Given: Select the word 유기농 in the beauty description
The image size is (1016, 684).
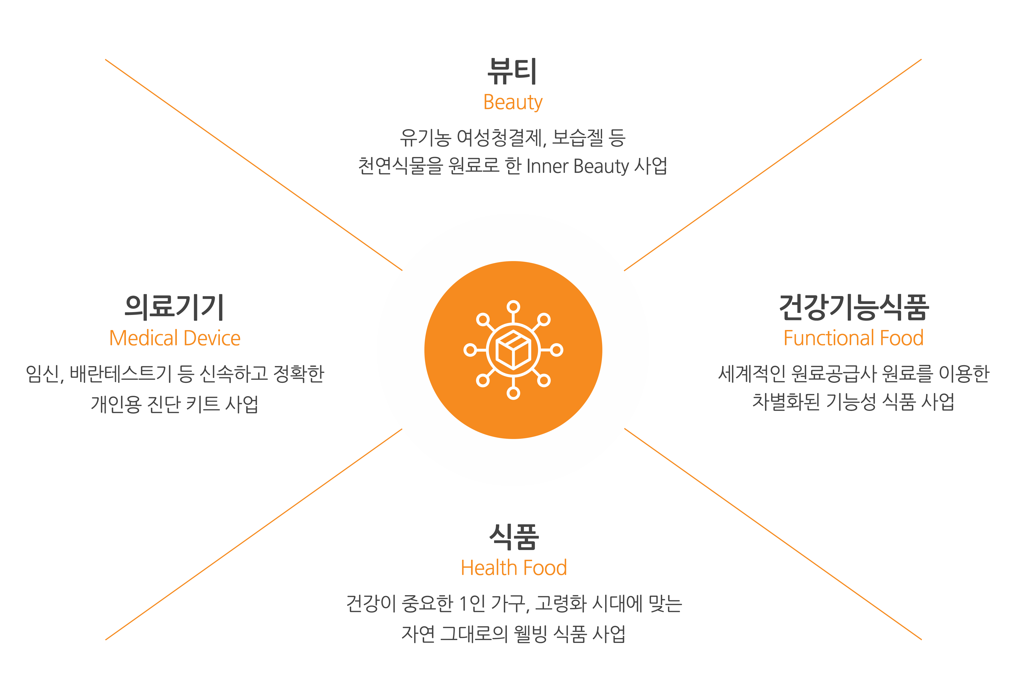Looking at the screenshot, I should click(x=425, y=138).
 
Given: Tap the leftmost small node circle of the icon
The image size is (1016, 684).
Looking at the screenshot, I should click(x=470, y=350).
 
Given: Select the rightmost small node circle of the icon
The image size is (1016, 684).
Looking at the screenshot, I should click(x=557, y=350).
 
